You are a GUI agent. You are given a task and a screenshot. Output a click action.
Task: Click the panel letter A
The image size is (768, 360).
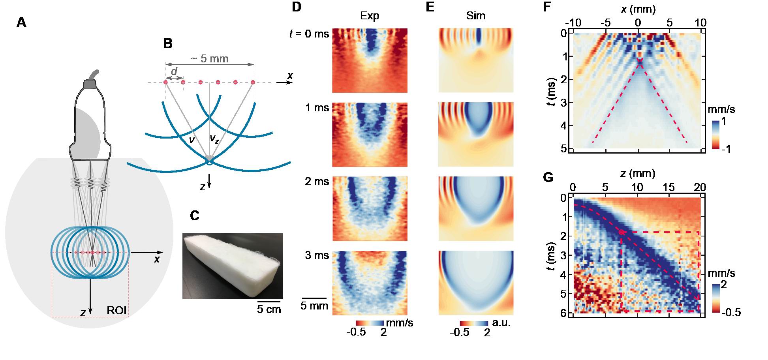coord(22,22)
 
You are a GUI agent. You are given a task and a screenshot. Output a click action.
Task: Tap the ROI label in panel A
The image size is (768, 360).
coord(116,310)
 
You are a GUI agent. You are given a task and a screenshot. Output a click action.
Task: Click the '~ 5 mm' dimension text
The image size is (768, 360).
coord(209,59)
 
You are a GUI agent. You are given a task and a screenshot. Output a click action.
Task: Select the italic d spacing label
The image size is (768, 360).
coord(174,71)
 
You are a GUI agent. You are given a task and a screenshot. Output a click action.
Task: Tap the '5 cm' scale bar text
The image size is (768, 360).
coord(269,309)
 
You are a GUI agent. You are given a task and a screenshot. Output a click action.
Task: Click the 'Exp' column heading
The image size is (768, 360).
coord(369,16)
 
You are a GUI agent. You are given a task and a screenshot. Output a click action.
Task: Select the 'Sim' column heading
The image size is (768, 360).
coord(475,16)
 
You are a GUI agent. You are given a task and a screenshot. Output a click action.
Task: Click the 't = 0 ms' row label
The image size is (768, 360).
coord(309,34)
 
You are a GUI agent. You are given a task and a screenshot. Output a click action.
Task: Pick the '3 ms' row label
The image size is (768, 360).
coord(317,255)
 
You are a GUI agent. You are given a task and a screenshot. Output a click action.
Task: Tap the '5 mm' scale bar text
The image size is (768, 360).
coord(314,306)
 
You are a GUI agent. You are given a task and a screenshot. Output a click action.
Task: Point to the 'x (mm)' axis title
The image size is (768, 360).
coord(637,10)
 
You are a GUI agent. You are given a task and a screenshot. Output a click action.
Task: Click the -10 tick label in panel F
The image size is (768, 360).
coord(574,22)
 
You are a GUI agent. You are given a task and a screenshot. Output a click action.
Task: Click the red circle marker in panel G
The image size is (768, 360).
coord(622,232)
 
